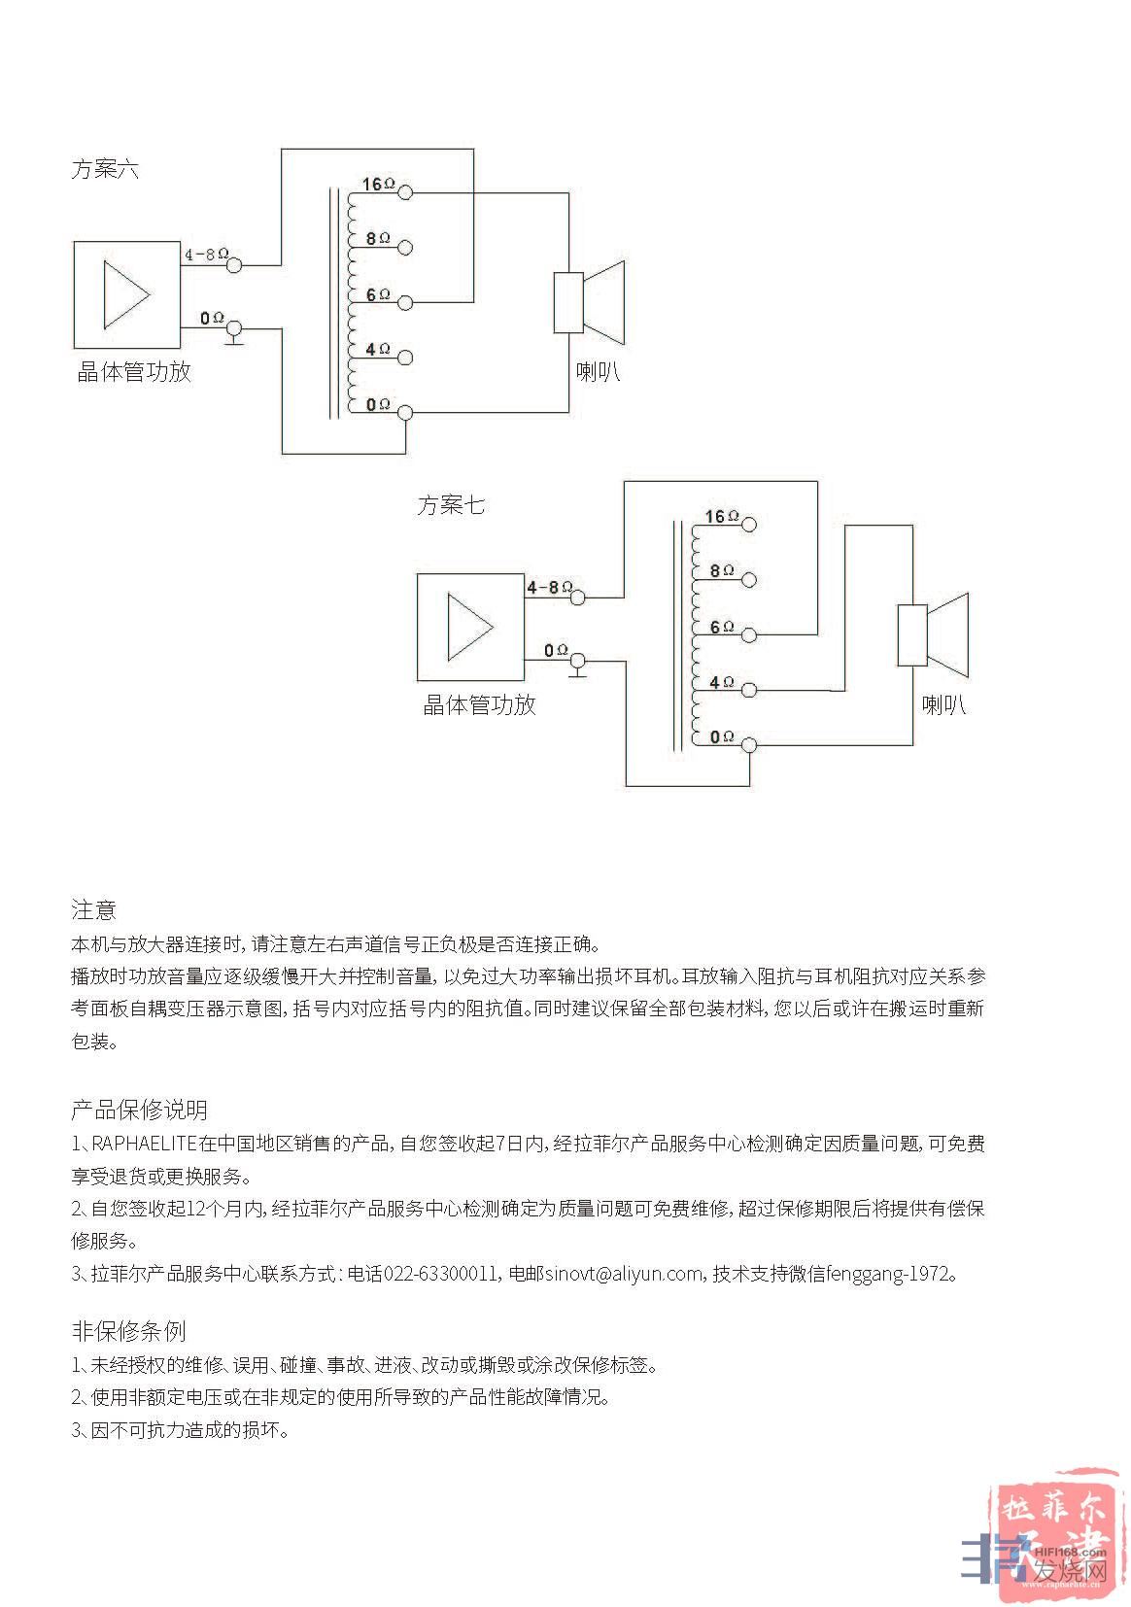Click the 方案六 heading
point(105,169)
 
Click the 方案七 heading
point(451,505)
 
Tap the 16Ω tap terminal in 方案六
point(406,192)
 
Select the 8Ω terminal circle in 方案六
point(406,247)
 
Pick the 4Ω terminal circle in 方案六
point(406,358)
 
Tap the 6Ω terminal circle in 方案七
point(748,634)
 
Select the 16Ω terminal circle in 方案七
point(748,525)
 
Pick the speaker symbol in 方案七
point(933,634)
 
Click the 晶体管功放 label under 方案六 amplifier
point(134,372)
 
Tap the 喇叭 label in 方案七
point(943,704)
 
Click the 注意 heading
point(93,909)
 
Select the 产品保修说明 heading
point(139,1110)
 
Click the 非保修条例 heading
point(128,1330)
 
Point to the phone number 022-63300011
point(442,1274)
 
